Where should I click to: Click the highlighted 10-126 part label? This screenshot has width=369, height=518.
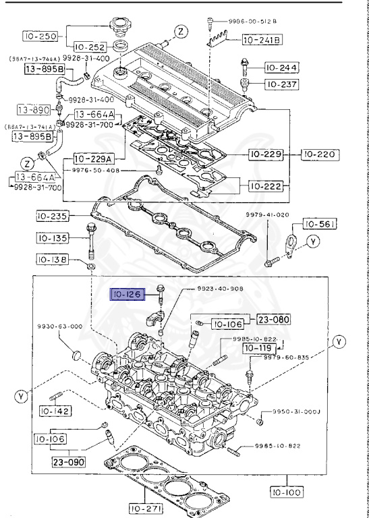pyautogui.click(x=127, y=294)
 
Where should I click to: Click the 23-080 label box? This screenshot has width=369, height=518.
pyautogui.click(x=270, y=319)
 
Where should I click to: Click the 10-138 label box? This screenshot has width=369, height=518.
pyautogui.click(x=53, y=259)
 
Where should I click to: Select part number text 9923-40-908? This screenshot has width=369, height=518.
pyautogui.click(x=221, y=289)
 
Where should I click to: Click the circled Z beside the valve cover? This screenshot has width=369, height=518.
pyautogui.click(x=181, y=31)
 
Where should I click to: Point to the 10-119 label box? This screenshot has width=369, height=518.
pyautogui.click(x=258, y=348)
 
